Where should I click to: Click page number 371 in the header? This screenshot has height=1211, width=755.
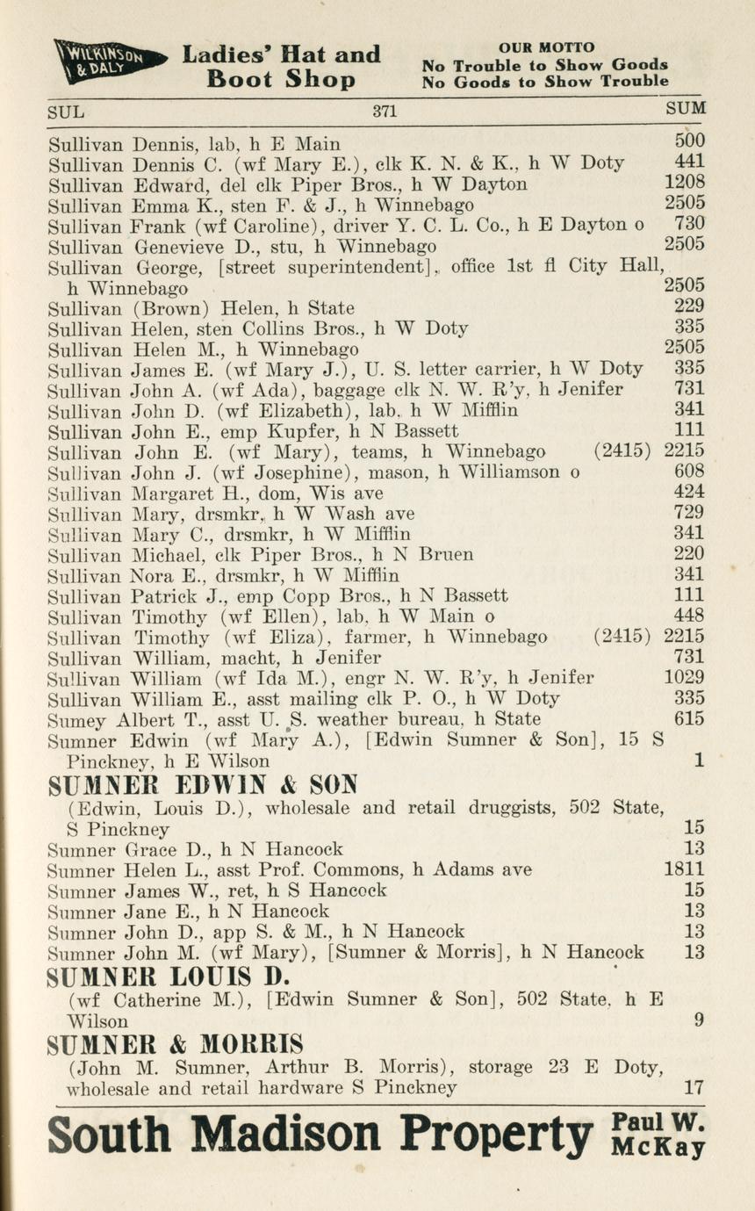(x=385, y=111)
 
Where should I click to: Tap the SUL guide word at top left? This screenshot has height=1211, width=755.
(x=66, y=112)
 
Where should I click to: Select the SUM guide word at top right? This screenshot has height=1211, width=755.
(x=686, y=109)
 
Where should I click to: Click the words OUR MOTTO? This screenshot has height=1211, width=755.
(x=546, y=47)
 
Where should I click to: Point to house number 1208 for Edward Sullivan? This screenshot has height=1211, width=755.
(x=685, y=184)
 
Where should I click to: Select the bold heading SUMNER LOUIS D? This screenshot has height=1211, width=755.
(x=169, y=977)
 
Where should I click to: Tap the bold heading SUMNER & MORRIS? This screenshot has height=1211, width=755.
(x=176, y=1044)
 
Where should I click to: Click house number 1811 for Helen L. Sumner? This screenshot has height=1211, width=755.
(x=685, y=869)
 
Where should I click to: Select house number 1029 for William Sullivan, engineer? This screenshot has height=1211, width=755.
(x=685, y=677)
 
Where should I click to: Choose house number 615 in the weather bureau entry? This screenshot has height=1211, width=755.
(x=689, y=718)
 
